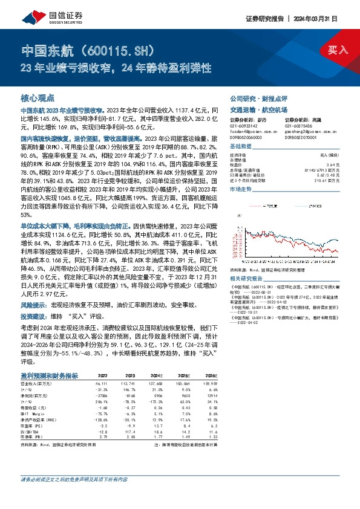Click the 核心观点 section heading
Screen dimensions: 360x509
pos(38,97)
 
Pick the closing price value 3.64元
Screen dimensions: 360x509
pos(327,164)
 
